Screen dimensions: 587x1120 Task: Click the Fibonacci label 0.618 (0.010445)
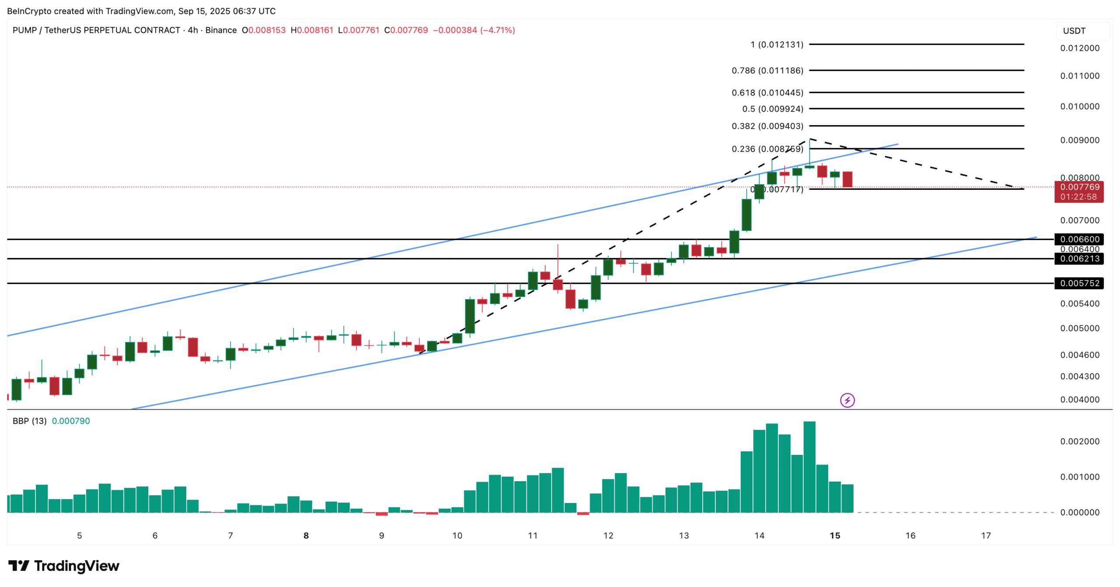(767, 93)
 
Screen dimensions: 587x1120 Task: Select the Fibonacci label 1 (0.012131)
(777, 45)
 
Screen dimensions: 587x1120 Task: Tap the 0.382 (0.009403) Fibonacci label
(767, 126)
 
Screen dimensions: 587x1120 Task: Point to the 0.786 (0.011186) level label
(767, 70)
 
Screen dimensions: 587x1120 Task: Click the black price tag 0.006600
(1079, 239)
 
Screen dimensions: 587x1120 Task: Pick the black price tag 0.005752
(1079, 283)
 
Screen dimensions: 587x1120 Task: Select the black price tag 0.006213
(1079, 259)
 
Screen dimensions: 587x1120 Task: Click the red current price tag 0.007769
(1079, 187)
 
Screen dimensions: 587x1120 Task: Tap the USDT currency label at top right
(1074, 31)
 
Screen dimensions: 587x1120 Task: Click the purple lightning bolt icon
(847, 400)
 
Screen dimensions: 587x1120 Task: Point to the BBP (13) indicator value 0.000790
(71, 421)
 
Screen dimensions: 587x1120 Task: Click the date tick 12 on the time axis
(608, 535)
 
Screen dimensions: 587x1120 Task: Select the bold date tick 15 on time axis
(835, 535)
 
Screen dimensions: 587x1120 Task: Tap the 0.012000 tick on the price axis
(1079, 48)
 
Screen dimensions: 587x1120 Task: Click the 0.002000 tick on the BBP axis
(1079, 441)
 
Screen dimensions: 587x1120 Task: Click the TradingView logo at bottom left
(63, 566)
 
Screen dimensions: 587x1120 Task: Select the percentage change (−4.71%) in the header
(497, 30)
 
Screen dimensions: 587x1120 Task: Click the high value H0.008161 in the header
(312, 30)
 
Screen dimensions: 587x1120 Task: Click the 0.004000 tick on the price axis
(1079, 399)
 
